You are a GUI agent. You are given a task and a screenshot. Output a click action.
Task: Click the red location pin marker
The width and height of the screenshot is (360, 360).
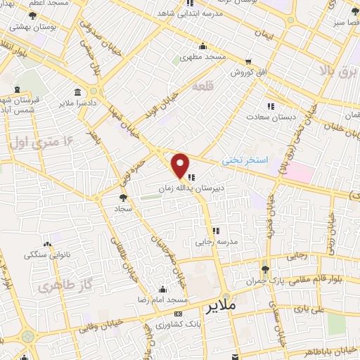(181, 166)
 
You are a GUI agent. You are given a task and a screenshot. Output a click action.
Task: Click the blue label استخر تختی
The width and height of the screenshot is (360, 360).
(245, 160)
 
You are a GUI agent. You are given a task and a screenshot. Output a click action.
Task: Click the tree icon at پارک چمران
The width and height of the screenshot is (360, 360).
(265, 269)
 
